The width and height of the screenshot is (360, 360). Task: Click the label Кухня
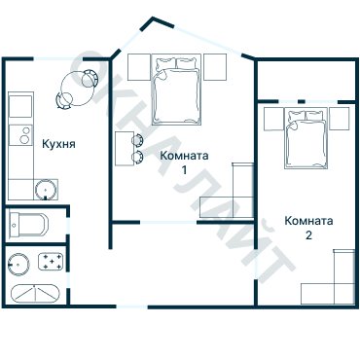tap(58, 144)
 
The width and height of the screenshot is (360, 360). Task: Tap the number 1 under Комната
tap(184, 169)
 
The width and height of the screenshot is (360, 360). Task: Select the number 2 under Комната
tap(308, 234)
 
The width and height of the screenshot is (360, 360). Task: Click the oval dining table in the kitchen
tap(77, 90)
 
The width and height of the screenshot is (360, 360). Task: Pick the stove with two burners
tap(20, 135)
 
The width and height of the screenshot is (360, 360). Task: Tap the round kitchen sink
tap(46, 190)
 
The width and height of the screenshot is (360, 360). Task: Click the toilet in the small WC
tap(28, 224)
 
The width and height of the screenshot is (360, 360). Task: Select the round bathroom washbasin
tap(18, 265)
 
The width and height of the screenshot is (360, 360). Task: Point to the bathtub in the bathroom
tap(35, 294)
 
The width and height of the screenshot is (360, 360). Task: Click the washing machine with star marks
tap(51, 262)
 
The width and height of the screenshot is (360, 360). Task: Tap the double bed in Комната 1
tap(176, 90)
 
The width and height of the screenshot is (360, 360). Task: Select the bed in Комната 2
tap(306, 138)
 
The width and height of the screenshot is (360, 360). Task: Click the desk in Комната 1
tap(125, 149)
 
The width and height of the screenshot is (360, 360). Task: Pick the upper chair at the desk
tap(137, 140)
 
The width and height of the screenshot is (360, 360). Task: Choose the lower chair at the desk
tap(137, 157)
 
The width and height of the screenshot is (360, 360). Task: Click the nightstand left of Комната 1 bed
tap(139, 67)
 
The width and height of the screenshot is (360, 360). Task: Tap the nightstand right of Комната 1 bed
tap(215, 67)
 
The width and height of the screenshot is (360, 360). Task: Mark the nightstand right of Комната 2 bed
tap(340, 119)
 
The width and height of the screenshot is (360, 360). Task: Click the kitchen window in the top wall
tap(58, 59)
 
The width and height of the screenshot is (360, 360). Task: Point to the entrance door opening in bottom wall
tap(132, 306)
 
